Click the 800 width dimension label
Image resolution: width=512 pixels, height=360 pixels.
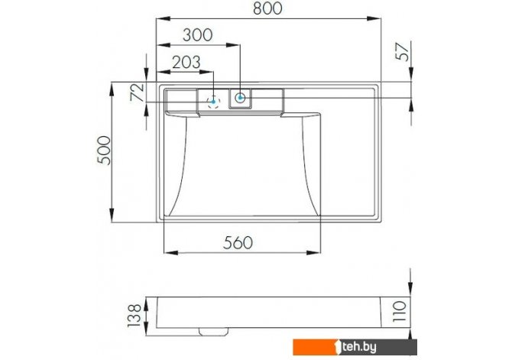pyautogui.click(x=267, y=9)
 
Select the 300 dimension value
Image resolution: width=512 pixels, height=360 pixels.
pyautogui.click(x=198, y=35)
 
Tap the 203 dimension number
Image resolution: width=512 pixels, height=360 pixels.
pyautogui.click(x=186, y=63)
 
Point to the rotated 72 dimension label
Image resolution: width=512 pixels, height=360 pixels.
pyautogui.click(x=137, y=92)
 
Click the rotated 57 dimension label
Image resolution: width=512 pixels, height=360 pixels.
pyautogui.click(x=402, y=52)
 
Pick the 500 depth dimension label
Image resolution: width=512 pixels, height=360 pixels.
pyautogui.click(x=105, y=150)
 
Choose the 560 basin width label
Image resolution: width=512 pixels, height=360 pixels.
pyautogui.click(x=238, y=243)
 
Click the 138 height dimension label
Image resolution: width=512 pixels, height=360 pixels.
pyautogui.click(x=134, y=315)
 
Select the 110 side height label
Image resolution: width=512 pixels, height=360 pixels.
pyautogui.click(x=400, y=311)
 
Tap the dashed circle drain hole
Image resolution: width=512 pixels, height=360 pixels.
pyautogui.click(x=213, y=102)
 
